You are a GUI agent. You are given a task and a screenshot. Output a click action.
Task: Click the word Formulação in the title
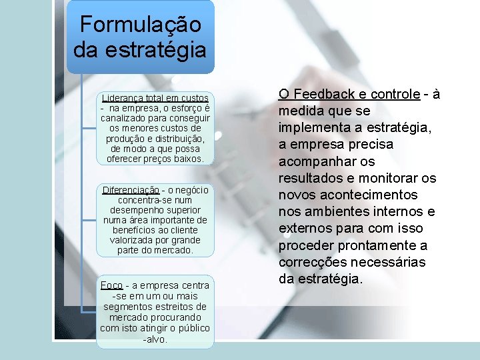point(140,25)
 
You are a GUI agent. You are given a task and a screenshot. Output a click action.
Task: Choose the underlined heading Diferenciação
point(131,190)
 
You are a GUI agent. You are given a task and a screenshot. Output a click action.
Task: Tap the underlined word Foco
point(111,285)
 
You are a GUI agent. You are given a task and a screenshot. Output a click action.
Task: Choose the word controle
point(395,94)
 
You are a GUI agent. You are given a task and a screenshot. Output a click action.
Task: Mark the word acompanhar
point(327,161)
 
